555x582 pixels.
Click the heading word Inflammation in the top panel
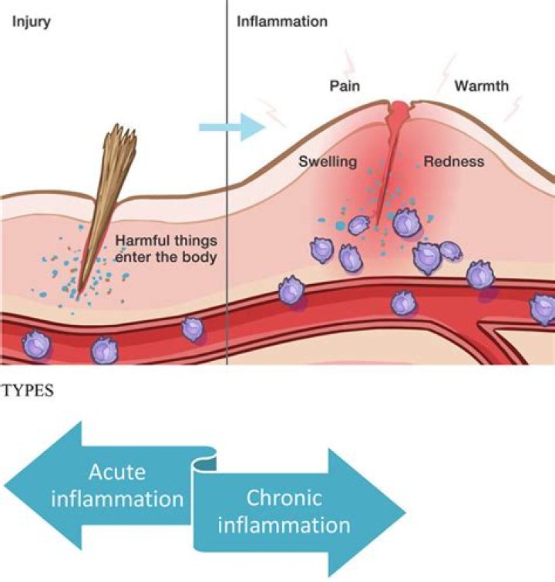(x=281, y=21)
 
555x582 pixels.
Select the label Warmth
(x=481, y=85)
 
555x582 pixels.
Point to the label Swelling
(x=328, y=162)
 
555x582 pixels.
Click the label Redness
(x=454, y=162)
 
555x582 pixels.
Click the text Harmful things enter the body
(x=165, y=248)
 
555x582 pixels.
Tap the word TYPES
(x=29, y=390)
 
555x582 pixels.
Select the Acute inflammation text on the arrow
(x=117, y=485)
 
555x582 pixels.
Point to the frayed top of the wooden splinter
(x=121, y=143)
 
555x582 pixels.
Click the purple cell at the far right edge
(x=543, y=309)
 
